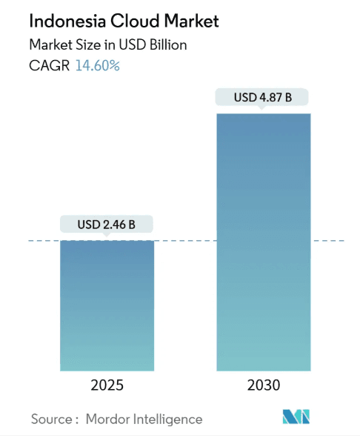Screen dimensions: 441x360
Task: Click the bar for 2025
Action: coord(107,305)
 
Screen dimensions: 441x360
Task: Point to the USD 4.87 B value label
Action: coord(262,97)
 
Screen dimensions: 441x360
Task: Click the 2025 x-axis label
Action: coord(107,386)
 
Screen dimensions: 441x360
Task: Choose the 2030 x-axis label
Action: coord(263,386)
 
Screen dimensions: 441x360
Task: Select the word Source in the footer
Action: coord(51,420)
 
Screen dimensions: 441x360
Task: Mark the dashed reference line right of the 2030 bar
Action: coord(329,241)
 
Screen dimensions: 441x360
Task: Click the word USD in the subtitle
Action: coord(130,44)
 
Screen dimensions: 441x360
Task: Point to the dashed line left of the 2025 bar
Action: coord(43,241)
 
